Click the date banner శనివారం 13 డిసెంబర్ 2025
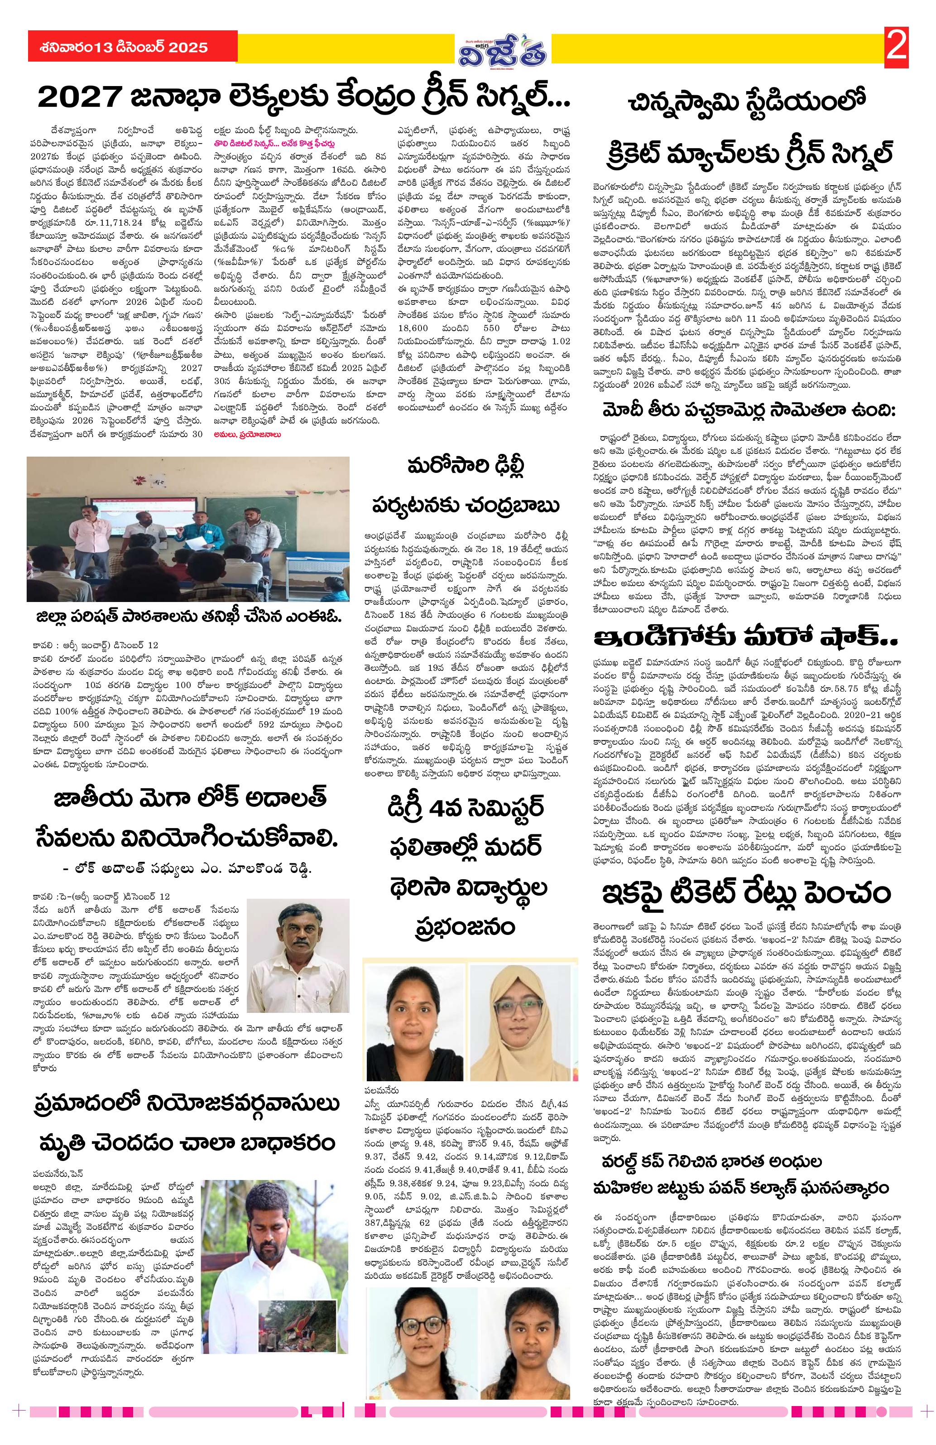(118, 48)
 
